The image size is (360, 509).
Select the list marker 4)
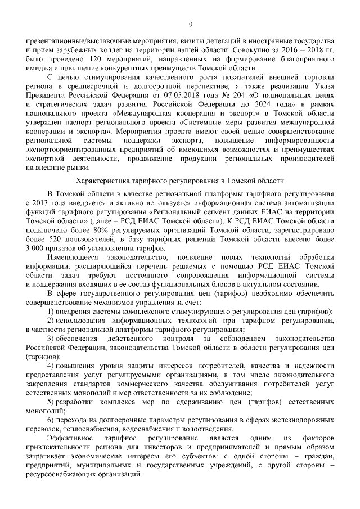51,366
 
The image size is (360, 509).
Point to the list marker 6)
51,420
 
